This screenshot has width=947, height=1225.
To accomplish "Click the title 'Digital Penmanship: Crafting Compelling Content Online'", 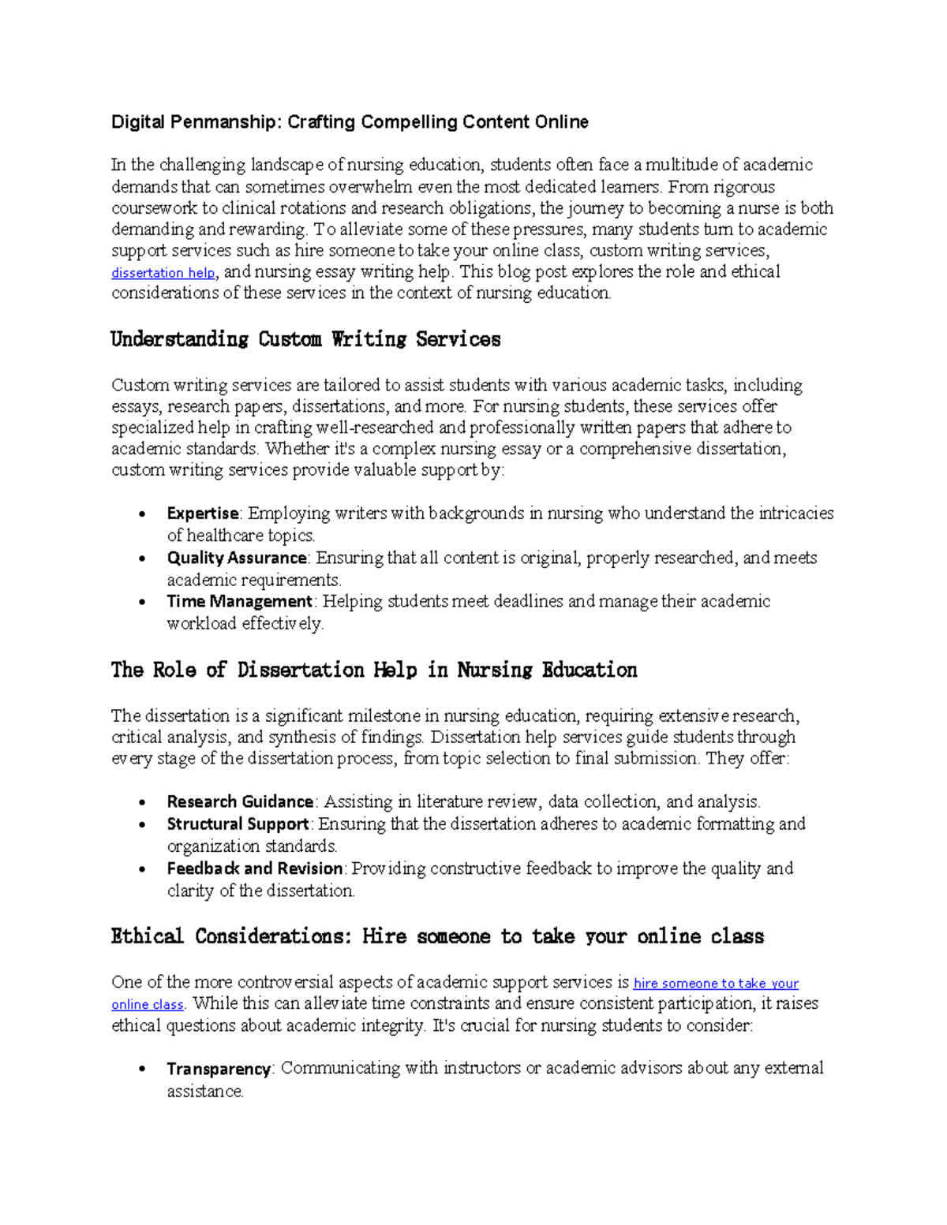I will coord(350,122).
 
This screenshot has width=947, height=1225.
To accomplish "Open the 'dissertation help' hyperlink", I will coord(163,273).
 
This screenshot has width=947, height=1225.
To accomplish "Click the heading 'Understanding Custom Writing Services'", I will coord(305,339).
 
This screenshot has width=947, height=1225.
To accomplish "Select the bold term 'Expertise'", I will coord(203,514).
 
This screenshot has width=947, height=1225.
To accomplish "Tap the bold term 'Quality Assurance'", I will coord(236,558).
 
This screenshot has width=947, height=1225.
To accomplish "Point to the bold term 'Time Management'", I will coord(240,601).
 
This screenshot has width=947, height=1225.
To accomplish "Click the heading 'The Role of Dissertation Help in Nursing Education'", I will coord(373,670).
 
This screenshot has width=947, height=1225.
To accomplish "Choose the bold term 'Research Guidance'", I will coord(240,801).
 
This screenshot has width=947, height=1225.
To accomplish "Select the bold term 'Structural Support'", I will coord(238,824).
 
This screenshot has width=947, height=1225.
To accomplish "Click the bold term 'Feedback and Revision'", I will coord(255,868).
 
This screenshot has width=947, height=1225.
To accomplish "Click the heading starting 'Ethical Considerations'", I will coord(437,936).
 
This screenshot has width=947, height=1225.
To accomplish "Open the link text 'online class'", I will coord(148,1005).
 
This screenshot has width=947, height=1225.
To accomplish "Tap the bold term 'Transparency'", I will coord(219,1069).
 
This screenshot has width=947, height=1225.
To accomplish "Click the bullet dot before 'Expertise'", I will coord(141,514).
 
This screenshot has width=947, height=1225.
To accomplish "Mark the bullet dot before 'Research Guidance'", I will coord(141,802).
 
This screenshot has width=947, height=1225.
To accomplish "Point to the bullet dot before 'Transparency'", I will coord(141,1070).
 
